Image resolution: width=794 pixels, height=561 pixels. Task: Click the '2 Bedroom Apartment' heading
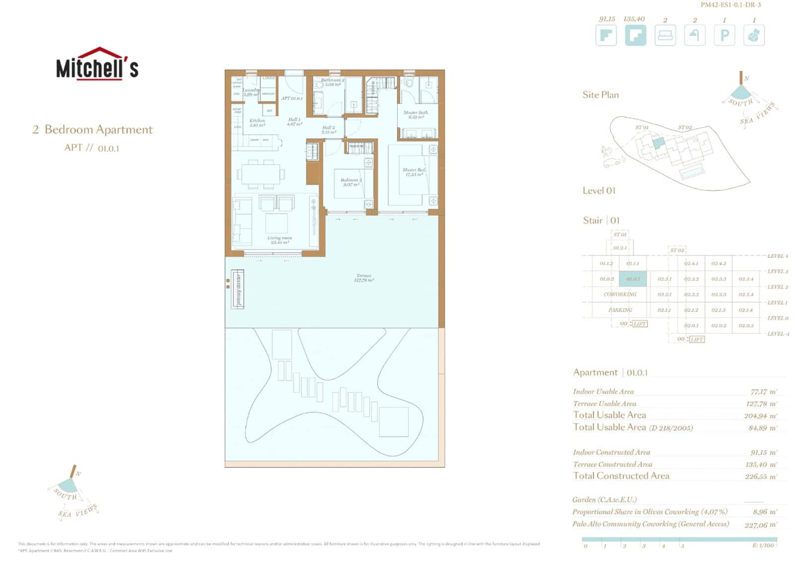coord(93,130)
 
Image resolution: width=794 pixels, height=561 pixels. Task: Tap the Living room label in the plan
coord(279,240)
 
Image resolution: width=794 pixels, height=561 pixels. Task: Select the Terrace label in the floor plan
coord(364,278)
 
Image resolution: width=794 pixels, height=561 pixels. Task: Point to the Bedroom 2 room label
coord(351,182)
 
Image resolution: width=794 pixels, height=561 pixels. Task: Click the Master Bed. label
coord(414,172)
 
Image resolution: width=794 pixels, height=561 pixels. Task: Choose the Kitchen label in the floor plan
coord(257,123)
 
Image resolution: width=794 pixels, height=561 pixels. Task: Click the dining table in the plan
coord(261,174)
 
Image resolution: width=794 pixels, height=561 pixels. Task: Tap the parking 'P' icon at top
coord(724,35)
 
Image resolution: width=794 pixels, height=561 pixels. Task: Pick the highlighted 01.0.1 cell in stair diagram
coord(633,279)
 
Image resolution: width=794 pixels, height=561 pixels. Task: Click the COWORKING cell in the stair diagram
coord(620,294)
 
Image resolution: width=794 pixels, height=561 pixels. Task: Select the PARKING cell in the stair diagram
coord(620,310)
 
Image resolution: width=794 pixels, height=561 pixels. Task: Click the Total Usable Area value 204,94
coord(760,416)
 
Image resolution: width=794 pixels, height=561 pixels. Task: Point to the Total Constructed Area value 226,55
coord(761,476)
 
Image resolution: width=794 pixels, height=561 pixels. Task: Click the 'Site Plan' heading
coord(600,95)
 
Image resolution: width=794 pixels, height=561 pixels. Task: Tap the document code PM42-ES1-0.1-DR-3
coord(730,5)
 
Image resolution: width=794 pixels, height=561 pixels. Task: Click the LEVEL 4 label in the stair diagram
coord(777,256)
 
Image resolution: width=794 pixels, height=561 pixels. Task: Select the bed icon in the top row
coord(665,35)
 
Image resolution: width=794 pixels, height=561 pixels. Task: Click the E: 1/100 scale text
coord(763,545)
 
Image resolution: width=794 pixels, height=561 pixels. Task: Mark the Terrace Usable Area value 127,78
coord(761,404)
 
